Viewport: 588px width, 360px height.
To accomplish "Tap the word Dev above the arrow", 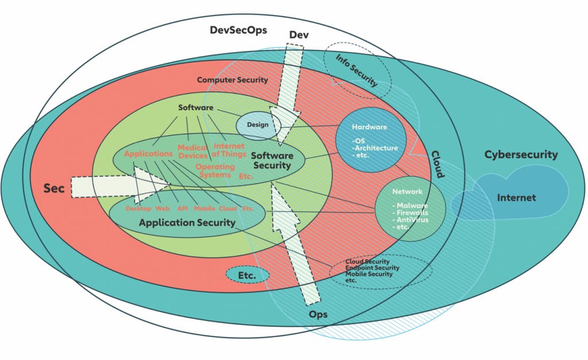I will pos(299,36).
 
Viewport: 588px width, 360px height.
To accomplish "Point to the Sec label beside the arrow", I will pos(54,188).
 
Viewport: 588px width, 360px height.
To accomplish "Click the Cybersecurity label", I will pos(521,154).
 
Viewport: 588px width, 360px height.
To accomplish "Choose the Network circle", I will pos(409,209).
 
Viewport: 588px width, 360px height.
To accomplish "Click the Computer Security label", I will pos(232,80).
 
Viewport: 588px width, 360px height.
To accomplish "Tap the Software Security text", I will pos(272,161).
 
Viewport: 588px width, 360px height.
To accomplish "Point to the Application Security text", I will pos(187,223).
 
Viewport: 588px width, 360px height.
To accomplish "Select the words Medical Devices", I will pos(192,152).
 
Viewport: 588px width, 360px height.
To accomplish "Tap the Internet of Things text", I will pos(229,150).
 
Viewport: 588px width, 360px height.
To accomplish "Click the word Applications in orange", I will pos(148,154).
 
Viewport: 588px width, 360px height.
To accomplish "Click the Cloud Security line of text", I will pos(367,262).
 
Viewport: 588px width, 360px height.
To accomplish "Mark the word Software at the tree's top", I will pos(196,107).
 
